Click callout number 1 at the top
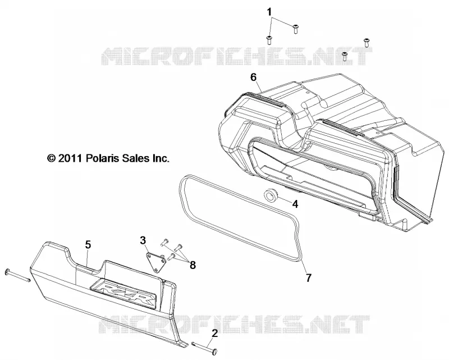[269, 12]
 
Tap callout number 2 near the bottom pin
[215, 333]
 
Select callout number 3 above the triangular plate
[143, 240]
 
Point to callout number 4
[295, 204]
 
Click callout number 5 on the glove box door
[88, 245]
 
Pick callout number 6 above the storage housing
[254, 77]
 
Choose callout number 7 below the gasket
[308, 278]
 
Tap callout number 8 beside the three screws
[193, 265]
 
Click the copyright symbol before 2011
[51, 158]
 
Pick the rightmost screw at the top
[366, 42]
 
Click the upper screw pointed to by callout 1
[295, 29]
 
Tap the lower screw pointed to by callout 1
[269, 40]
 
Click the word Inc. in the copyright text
[161, 158]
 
